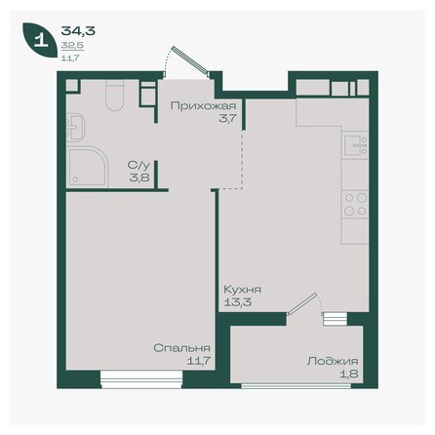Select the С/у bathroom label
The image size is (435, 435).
click(138, 166)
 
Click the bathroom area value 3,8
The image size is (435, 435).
click(139, 178)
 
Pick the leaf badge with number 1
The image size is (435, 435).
click(40, 41)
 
